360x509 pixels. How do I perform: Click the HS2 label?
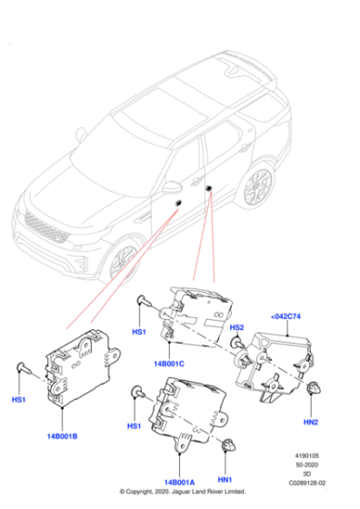coord(236,327)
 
